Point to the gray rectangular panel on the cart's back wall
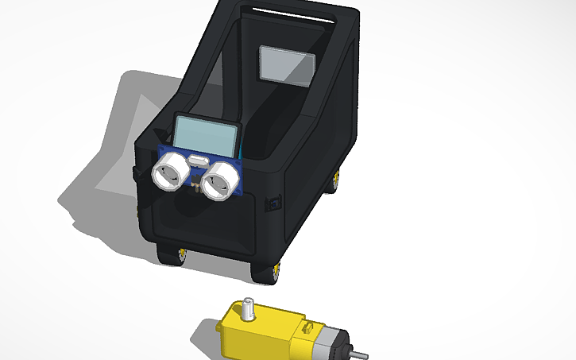tap(288, 64)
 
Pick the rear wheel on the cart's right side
tap(338, 180)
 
